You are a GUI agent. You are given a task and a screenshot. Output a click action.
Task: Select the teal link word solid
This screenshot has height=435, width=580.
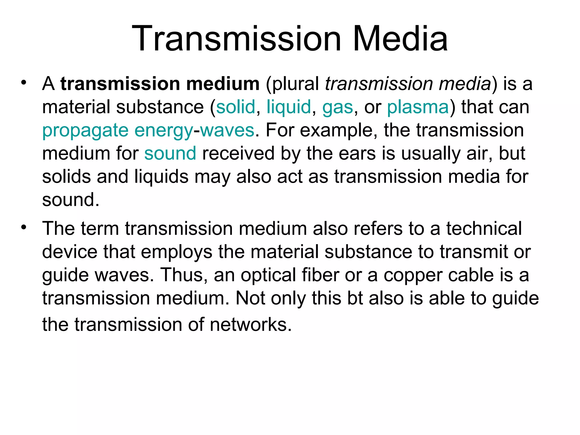coord(236,107)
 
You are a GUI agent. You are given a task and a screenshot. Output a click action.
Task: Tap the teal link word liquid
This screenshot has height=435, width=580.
coord(289,107)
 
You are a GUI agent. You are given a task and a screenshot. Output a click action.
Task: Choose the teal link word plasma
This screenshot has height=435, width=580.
coord(418,107)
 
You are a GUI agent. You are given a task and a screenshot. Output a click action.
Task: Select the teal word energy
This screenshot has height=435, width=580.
coord(164,131)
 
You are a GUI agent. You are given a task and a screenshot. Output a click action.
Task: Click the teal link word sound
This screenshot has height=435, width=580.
coord(170,153)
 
